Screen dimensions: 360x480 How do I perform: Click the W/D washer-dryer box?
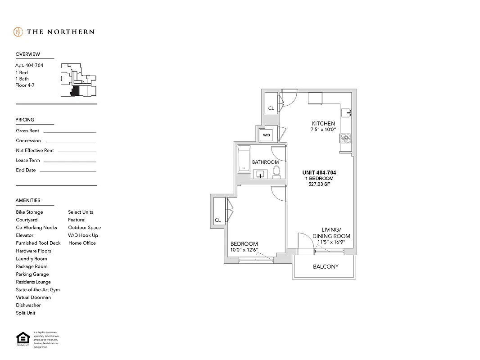[x=267, y=135]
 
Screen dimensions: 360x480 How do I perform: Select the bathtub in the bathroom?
[x=244, y=159]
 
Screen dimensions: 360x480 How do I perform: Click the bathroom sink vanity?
[x=260, y=174]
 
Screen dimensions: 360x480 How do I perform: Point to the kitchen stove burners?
[x=345, y=139]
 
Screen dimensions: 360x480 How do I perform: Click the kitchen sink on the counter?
[x=346, y=112]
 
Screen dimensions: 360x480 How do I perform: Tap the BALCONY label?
[x=326, y=267]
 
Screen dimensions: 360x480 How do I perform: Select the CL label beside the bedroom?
[x=217, y=220]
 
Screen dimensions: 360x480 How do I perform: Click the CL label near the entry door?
[x=271, y=108]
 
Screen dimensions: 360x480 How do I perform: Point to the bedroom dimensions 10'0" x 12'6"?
[x=244, y=250]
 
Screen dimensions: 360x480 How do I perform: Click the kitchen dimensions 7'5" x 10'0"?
[x=323, y=130]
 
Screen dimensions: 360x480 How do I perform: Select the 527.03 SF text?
[x=319, y=184]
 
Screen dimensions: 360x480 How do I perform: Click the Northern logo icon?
[x=18, y=32]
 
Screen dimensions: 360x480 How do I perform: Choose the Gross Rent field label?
[x=27, y=131]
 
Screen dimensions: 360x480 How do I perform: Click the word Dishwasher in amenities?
[x=28, y=305]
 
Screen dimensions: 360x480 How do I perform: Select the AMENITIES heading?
[x=28, y=201]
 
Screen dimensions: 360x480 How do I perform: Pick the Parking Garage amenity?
[x=32, y=274]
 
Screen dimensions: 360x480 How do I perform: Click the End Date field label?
[x=26, y=171]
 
